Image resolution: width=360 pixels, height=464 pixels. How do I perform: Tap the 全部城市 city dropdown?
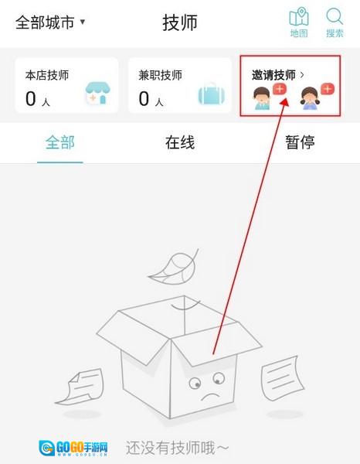50,22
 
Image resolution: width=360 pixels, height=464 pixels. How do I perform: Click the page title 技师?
180,22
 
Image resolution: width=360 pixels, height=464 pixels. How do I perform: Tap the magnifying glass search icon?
335,16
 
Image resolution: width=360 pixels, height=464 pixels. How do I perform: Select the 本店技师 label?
47,75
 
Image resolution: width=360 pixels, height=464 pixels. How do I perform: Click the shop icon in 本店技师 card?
98,94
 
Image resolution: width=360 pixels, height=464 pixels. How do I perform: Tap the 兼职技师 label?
160,75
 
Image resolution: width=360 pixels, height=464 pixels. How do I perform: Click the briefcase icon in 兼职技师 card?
212,94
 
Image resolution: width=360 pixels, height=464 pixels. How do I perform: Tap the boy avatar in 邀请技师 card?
262,98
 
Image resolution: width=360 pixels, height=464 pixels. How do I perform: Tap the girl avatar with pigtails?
310,98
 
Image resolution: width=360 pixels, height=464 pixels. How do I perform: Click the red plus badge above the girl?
328,89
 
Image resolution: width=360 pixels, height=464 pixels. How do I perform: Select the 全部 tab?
60,142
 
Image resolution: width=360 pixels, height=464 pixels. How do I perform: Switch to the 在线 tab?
180,142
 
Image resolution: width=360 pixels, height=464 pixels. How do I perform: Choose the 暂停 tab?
300,142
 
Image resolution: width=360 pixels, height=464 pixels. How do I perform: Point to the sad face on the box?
208,386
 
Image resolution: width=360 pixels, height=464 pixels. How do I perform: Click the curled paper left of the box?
80,387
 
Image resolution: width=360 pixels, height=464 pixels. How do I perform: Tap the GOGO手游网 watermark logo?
73,448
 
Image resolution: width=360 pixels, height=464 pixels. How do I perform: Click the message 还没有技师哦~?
178,448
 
